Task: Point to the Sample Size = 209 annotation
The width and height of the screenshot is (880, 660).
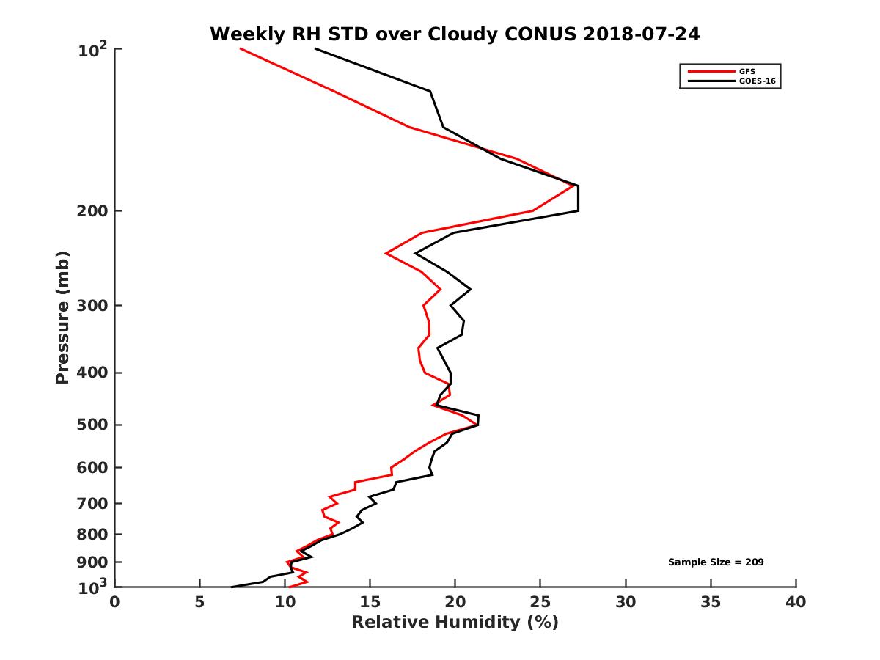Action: (716, 562)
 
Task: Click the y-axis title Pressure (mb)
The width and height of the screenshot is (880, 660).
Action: (62, 318)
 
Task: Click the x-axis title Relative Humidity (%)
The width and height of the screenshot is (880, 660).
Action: (455, 623)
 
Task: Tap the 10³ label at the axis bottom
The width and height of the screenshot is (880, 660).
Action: (94, 586)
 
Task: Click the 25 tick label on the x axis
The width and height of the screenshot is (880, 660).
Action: (540, 603)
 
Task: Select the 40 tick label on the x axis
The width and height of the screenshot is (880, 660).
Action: (796, 603)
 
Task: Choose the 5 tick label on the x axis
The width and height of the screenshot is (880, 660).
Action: (199, 603)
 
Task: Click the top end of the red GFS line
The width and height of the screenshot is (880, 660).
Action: (241, 49)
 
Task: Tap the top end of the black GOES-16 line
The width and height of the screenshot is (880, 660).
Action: (316, 49)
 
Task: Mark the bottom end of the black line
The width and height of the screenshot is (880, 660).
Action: (232, 586)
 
